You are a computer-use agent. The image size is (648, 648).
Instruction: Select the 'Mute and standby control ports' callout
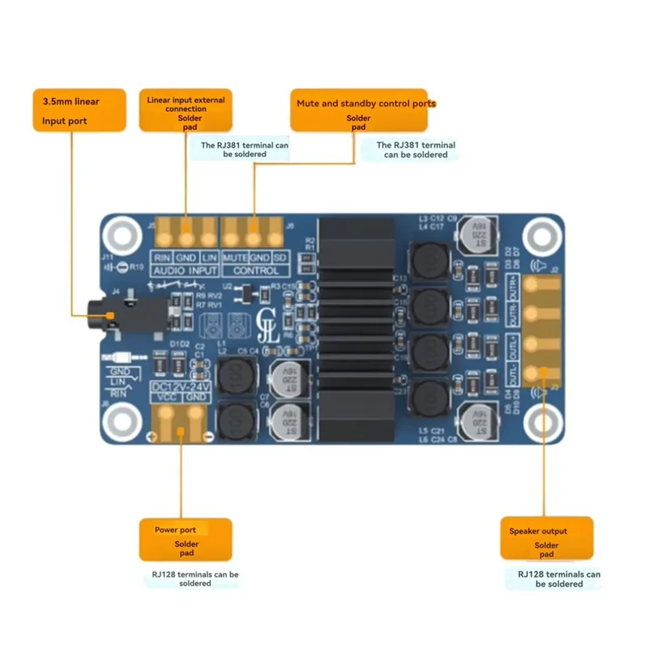359,110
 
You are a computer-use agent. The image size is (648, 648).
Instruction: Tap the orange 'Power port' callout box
185,539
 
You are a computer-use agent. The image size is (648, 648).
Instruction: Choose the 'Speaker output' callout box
546,538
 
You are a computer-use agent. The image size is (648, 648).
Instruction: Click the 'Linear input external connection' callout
185,110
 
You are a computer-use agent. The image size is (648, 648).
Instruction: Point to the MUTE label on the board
235,258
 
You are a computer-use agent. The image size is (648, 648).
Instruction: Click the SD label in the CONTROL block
279,258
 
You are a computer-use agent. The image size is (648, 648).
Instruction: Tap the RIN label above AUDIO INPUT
162,258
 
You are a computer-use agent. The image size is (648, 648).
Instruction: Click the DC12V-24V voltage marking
181,387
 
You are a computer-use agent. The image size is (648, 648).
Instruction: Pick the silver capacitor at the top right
471,237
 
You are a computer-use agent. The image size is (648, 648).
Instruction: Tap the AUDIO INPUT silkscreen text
185,270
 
